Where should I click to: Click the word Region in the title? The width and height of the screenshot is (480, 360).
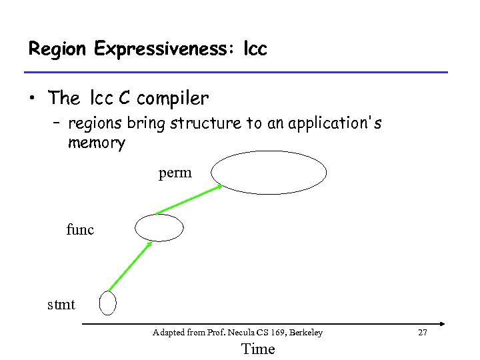click(x=58, y=49)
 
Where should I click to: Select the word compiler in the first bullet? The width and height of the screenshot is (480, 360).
click(x=172, y=99)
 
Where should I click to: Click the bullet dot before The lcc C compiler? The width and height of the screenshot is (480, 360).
click(x=32, y=99)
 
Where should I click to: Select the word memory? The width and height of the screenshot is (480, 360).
click(x=96, y=143)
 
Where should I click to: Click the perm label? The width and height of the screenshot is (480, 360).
click(x=175, y=173)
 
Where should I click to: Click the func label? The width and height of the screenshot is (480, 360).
click(x=80, y=230)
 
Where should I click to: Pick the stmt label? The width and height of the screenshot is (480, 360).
click(x=61, y=305)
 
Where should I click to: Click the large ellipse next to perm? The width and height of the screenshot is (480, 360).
click(x=269, y=173)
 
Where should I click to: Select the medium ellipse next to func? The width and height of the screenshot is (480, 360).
click(x=159, y=227)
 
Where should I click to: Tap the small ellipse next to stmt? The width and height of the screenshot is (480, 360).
click(x=107, y=303)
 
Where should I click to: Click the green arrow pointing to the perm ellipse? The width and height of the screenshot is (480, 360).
click(x=189, y=199)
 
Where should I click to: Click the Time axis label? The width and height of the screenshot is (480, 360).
click(x=257, y=349)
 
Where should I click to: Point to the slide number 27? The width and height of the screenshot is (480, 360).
click(x=421, y=332)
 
